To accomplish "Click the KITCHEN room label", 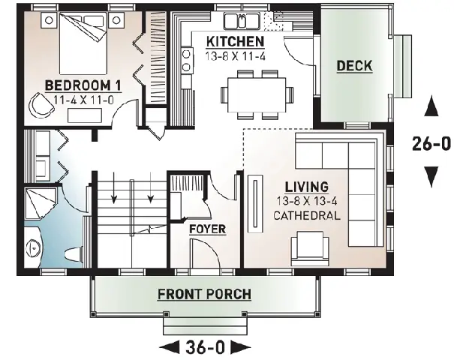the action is [x=235, y=42].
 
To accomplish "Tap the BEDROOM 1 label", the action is [x=83, y=85].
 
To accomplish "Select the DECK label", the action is [x=354, y=66].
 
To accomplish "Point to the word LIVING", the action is [x=307, y=187].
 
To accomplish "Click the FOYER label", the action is [x=208, y=229].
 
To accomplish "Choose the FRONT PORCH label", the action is [x=204, y=294].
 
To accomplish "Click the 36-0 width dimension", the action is [x=205, y=347].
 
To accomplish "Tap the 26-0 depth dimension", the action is [x=431, y=143].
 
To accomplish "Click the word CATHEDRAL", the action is [x=307, y=215].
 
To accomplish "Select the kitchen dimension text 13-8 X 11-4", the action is [x=235, y=56].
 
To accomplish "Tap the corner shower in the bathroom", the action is [x=40, y=203].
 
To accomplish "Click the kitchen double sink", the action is [x=242, y=20].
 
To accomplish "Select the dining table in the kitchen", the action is [x=257, y=94].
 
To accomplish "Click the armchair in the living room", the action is [x=310, y=248].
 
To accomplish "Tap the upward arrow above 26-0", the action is [x=431, y=106].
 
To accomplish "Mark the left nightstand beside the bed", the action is [x=50, y=20].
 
